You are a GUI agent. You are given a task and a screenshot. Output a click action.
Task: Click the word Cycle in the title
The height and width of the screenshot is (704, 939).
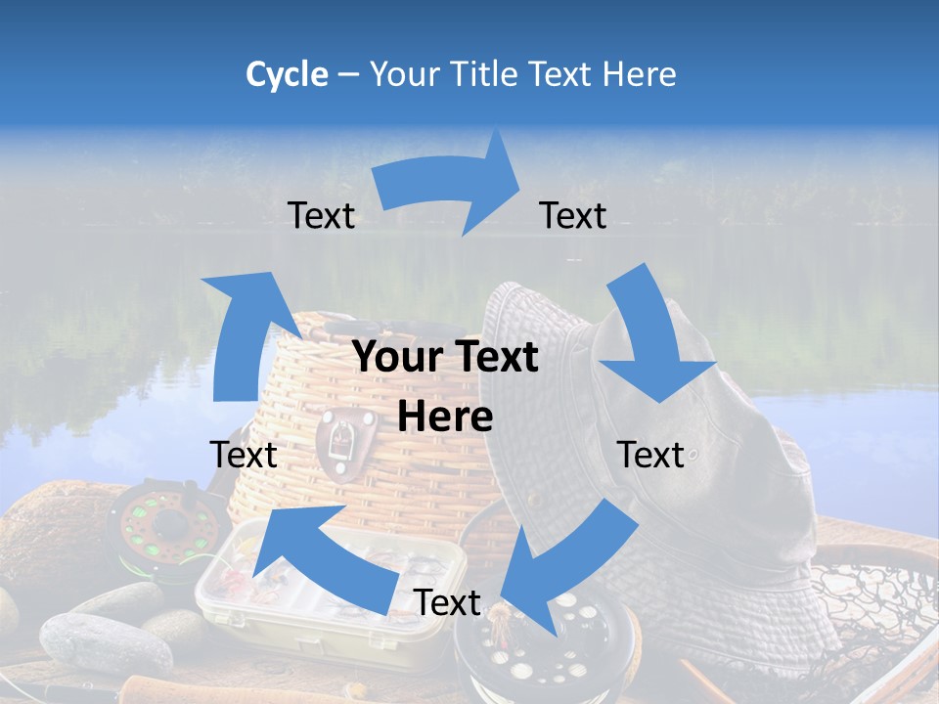[287, 74]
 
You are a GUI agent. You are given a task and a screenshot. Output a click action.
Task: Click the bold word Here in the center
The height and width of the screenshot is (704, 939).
[445, 416]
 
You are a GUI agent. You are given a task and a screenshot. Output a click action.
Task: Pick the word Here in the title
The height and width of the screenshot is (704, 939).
[638, 74]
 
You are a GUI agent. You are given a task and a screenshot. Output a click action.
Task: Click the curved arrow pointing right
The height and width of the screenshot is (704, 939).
[450, 186]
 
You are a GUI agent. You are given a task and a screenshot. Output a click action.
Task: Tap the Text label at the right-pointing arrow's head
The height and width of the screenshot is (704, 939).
[573, 215]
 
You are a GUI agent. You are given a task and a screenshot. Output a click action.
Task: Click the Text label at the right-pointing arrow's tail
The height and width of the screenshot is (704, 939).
[321, 215]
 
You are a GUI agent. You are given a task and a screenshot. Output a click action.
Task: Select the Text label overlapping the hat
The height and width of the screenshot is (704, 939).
[651, 455]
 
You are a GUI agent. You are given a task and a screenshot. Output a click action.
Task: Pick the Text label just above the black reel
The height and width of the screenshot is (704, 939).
[447, 602]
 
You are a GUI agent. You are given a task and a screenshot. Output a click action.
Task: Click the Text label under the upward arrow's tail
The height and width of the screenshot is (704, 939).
[244, 455]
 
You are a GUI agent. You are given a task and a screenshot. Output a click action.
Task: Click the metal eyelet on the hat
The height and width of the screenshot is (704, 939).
[693, 455]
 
